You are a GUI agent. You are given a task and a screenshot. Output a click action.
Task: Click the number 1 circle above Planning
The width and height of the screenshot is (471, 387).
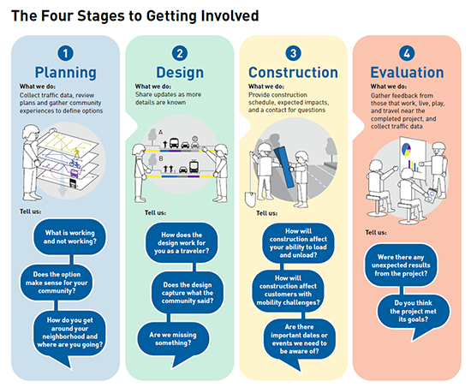65,53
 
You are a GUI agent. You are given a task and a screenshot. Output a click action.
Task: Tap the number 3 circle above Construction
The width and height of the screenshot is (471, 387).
294,53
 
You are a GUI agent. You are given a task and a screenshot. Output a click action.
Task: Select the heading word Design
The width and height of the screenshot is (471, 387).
180,73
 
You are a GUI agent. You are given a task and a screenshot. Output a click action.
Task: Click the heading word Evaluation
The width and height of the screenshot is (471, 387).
407,73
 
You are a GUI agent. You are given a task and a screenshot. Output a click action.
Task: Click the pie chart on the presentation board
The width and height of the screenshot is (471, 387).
406,149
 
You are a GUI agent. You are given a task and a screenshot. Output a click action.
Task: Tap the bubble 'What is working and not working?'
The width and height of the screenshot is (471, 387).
69,237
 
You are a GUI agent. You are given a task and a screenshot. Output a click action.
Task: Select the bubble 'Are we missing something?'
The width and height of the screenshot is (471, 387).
173,339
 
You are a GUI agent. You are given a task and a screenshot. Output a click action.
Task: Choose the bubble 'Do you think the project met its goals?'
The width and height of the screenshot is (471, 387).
414,311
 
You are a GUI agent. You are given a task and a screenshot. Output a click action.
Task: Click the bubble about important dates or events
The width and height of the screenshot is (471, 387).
299,339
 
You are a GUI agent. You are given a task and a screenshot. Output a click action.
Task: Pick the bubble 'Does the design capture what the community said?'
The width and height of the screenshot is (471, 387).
188,293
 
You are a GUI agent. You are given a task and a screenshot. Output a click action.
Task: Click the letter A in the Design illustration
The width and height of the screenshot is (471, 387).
161,132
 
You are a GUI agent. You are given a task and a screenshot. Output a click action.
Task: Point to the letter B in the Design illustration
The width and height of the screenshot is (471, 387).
161,158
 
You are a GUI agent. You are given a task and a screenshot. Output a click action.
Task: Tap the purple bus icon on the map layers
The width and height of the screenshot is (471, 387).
75,173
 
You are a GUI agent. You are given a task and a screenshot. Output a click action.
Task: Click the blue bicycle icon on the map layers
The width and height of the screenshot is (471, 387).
75,164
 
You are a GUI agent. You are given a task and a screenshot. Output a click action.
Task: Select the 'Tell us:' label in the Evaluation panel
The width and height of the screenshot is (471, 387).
376,232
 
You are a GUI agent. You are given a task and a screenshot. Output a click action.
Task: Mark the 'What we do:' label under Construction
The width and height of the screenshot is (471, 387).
266,86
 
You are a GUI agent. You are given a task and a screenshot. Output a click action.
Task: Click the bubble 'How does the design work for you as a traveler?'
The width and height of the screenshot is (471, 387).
182,243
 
